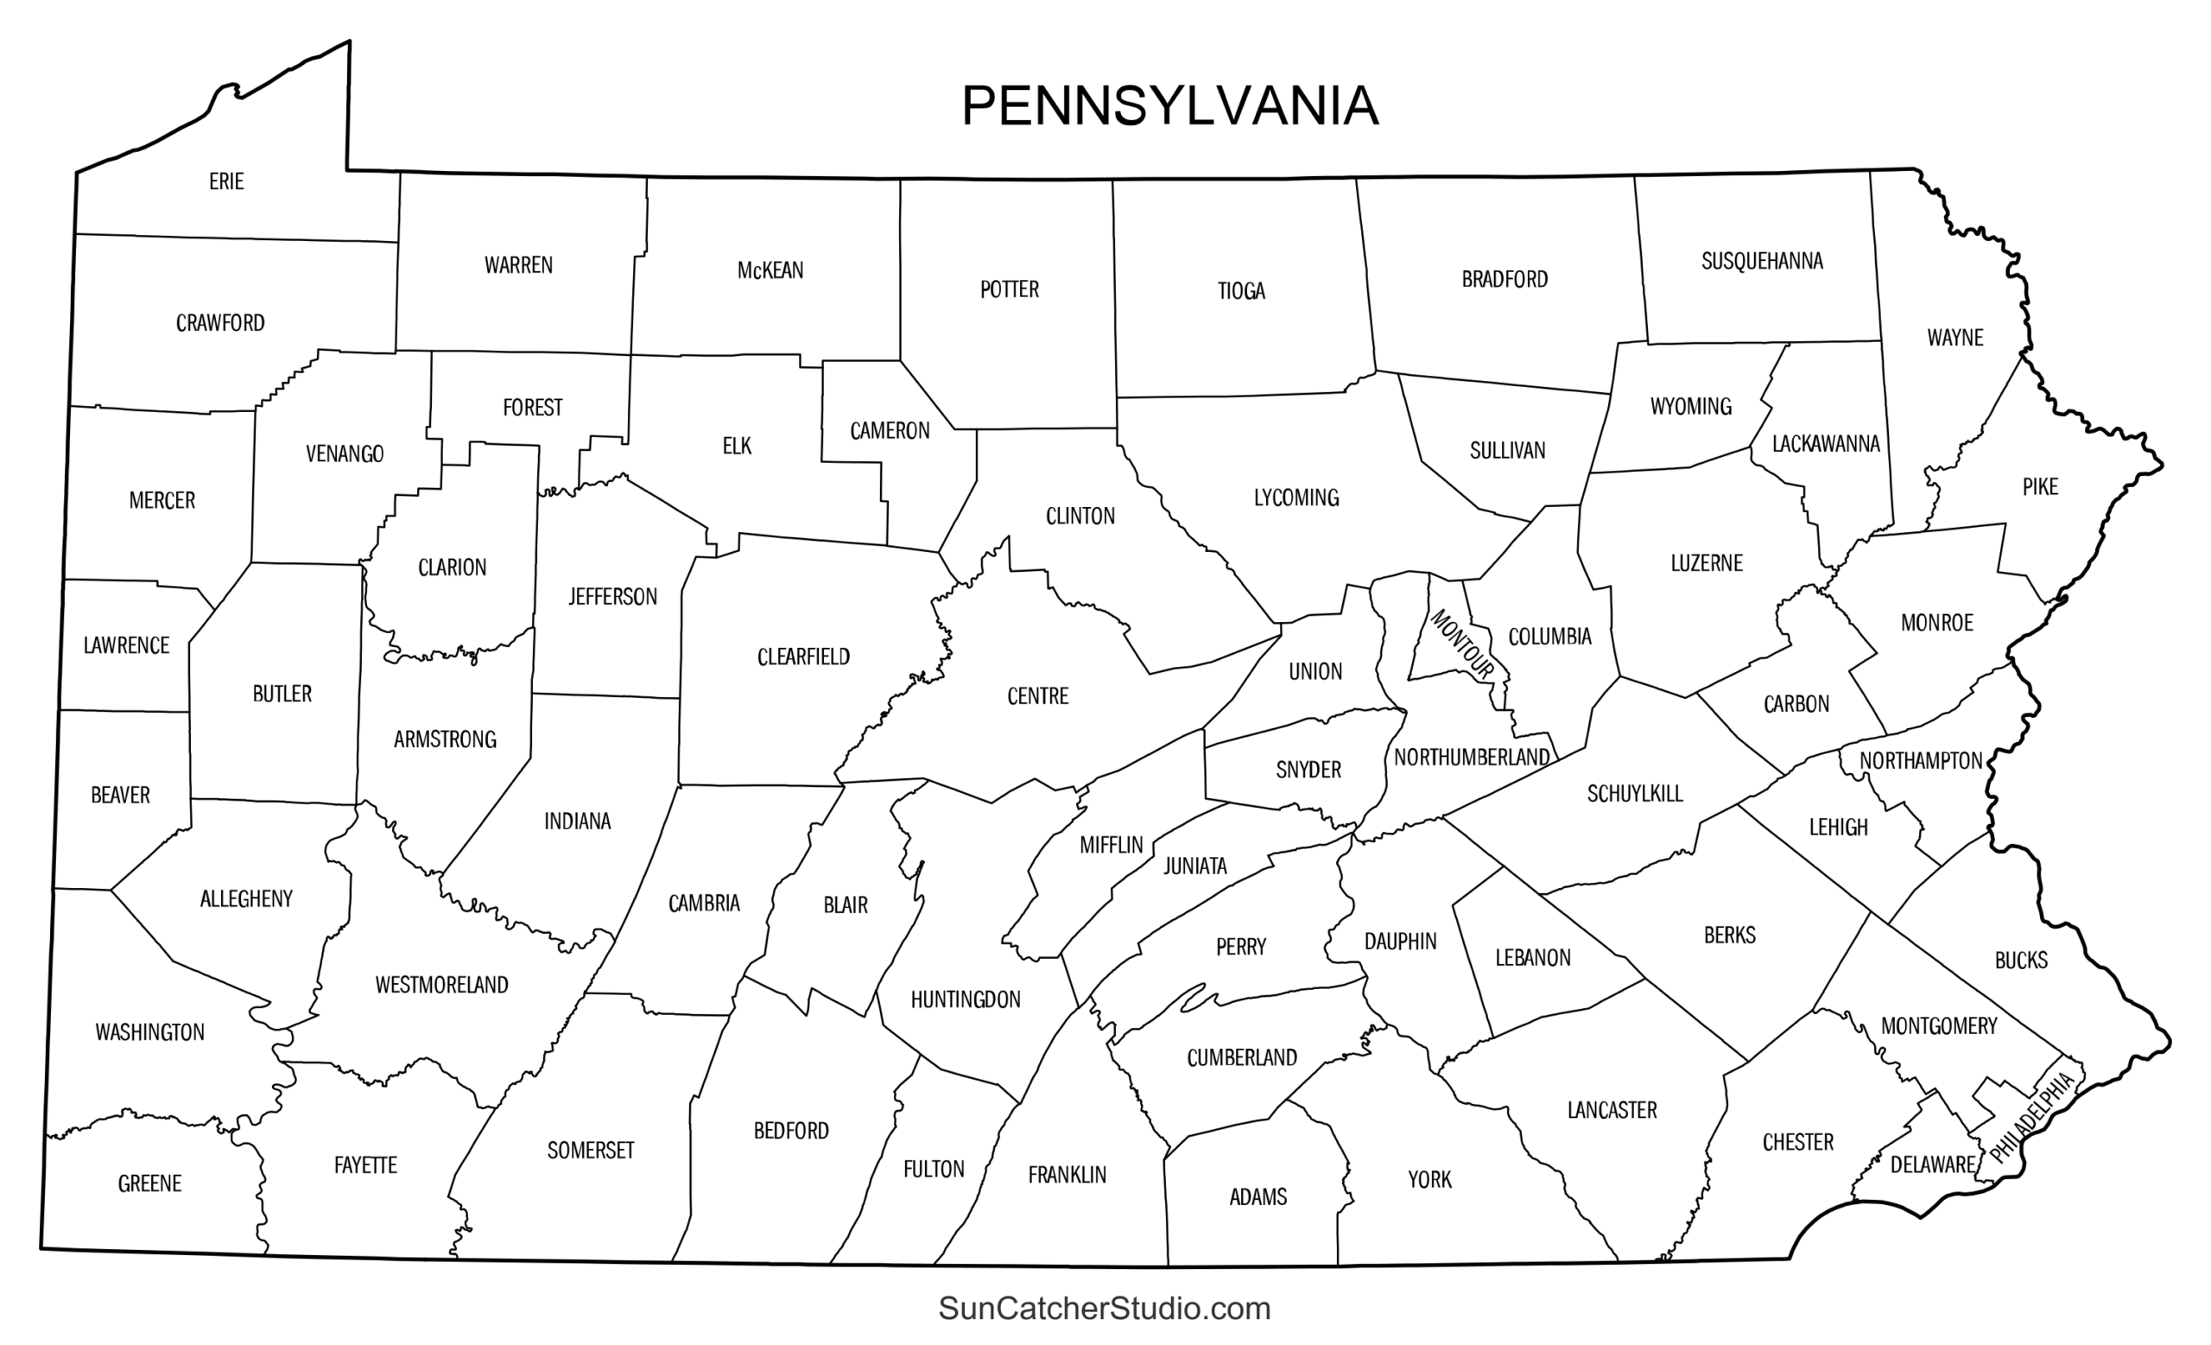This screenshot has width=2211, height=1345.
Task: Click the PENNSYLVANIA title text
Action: click(x=1169, y=107)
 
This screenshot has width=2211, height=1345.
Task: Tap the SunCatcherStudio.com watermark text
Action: click(x=1105, y=1308)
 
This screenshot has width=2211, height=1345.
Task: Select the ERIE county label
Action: click(x=226, y=181)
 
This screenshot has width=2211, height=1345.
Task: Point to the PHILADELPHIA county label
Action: click(x=2032, y=1116)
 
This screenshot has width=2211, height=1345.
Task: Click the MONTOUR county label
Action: click(x=1461, y=644)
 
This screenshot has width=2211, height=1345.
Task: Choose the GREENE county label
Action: click(x=150, y=1183)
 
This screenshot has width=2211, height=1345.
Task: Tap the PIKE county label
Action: click(x=2040, y=487)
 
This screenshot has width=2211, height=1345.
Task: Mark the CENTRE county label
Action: click(x=1038, y=696)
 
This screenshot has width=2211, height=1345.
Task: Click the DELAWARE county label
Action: click(x=1932, y=1164)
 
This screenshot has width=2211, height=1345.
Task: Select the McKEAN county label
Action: click(x=770, y=270)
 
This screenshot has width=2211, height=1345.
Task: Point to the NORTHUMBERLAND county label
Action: click(x=1472, y=758)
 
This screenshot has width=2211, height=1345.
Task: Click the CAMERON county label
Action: click(x=890, y=431)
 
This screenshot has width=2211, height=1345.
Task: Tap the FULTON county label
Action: click(x=934, y=1169)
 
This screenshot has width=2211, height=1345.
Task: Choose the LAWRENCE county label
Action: click(x=126, y=645)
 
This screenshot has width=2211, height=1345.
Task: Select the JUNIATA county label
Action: click(x=1195, y=866)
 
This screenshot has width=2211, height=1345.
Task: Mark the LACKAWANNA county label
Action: click(x=1826, y=443)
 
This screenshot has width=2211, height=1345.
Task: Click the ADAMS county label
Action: click(x=1258, y=1197)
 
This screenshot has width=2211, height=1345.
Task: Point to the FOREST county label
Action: click(x=533, y=408)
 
